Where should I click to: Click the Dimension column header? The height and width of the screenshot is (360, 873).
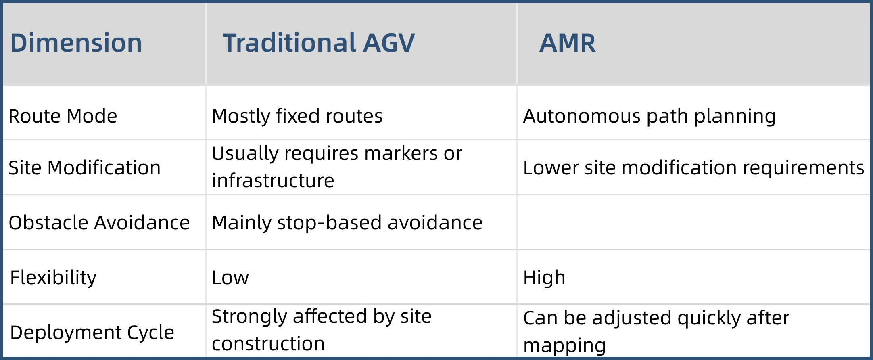point(76,43)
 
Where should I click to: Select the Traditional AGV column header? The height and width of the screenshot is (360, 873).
point(319,43)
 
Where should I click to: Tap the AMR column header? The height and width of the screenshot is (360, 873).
point(568,43)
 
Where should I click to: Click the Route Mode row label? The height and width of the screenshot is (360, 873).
point(63,116)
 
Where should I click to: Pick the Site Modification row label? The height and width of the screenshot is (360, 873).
point(85,167)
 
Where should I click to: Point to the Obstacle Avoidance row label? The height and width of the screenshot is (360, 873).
point(99,222)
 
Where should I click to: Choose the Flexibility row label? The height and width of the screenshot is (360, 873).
point(53,278)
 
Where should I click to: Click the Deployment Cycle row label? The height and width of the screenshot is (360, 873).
point(92,333)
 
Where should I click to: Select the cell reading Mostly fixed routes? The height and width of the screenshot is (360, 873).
point(297,116)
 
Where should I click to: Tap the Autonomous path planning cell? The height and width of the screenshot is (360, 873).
point(650,117)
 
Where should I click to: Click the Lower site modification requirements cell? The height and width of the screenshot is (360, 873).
point(693,168)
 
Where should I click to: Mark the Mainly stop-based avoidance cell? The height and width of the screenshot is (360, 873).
point(347,223)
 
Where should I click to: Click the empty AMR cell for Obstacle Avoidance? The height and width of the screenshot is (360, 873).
point(693,222)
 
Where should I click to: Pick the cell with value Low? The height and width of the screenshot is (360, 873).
point(230,278)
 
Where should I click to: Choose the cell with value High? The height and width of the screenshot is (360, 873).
point(544,278)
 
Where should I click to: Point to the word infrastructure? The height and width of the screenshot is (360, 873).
point(273,180)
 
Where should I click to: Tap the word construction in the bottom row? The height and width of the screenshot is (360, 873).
point(268,344)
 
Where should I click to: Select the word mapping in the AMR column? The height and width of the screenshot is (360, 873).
point(565,346)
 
